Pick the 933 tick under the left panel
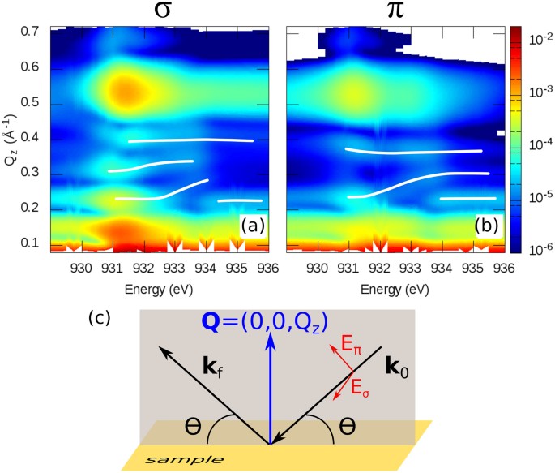click(173, 267)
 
